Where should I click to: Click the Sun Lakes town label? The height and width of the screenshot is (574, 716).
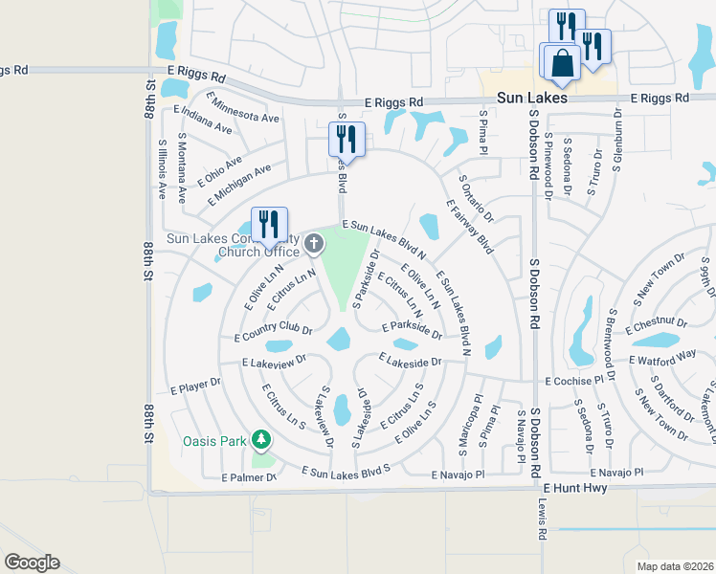[x=531, y=99]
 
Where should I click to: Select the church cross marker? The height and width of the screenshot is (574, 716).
[x=315, y=245]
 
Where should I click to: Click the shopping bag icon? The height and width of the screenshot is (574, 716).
[x=563, y=63]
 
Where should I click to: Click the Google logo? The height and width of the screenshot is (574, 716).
[x=32, y=563]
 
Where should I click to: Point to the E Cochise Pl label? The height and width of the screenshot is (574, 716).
[x=574, y=381]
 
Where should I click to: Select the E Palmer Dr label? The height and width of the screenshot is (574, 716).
[x=249, y=476]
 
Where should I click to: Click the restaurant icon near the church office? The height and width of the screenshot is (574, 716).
[x=269, y=225]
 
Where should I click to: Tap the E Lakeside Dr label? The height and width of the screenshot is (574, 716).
[x=409, y=362]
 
